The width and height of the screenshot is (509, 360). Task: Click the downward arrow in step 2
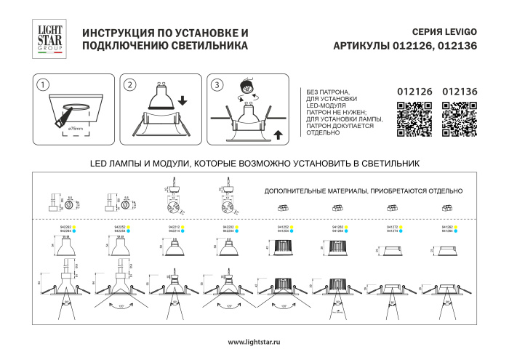tap(181, 99)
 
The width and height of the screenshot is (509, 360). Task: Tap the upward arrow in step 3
tap(278, 132)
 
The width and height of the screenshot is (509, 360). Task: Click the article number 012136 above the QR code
tap(460, 92)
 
